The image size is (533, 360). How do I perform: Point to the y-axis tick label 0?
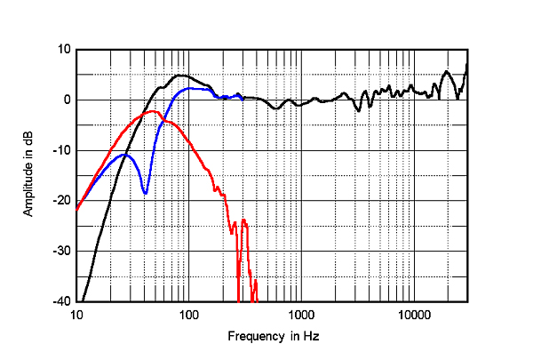[66, 100]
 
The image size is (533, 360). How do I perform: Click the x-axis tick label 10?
[76, 316]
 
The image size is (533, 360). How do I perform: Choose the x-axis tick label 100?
[187, 316]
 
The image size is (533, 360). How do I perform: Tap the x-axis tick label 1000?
[300, 316]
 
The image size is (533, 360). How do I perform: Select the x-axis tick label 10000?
[412, 316]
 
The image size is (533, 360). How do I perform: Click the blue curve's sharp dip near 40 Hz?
[145, 193]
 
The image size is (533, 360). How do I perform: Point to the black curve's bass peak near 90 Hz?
[180, 76]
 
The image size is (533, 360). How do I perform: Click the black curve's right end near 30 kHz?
[467, 64]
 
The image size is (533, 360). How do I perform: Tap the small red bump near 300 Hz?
[243, 220]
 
